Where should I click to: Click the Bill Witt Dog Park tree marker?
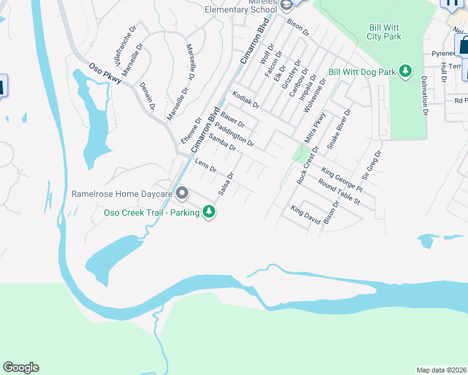click(x=405, y=71)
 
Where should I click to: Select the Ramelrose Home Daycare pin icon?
click(x=182, y=193)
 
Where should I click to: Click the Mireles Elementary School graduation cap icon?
click(x=287, y=6)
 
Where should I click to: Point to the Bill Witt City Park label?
click(x=384, y=32)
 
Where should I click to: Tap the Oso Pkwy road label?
click(x=104, y=74)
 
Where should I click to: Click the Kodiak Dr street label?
click(x=245, y=100)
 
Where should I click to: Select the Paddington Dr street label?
click(x=238, y=133)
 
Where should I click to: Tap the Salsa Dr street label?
click(x=226, y=184)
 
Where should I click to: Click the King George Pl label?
click(x=342, y=179)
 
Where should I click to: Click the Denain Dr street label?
click(x=148, y=96)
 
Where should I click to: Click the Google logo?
click(x=21, y=367)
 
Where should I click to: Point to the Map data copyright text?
click(x=440, y=369)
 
